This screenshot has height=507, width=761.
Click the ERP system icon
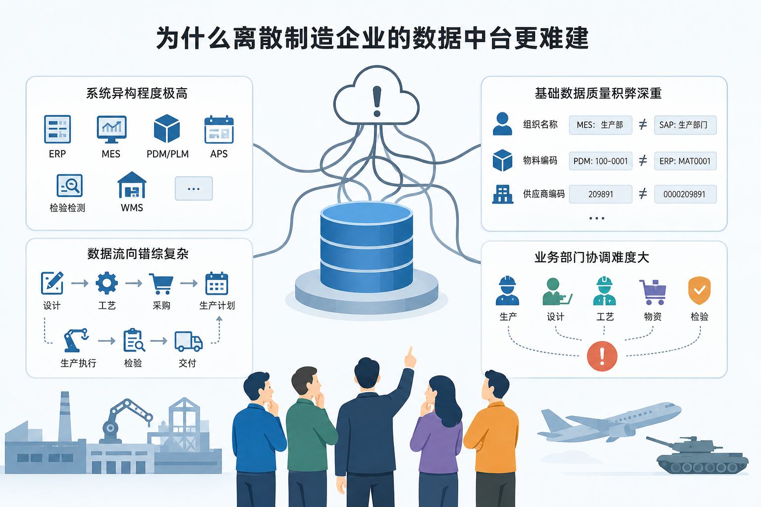pyautogui.click(x=57, y=129)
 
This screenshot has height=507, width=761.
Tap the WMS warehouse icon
pyautogui.click(x=132, y=185)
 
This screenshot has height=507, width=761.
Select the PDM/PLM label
pyautogui.click(x=167, y=154)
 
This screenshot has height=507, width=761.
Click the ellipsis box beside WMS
pyautogui.click(x=194, y=189)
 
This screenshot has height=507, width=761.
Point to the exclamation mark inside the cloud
pyautogui.click(x=377, y=101)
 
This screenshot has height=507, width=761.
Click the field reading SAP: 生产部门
pyautogui.click(x=685, y=125)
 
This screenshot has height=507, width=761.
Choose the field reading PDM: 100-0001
pyautogui.click(x=600, y=161)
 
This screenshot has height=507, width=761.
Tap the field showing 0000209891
pyautogui.click(x=685, y=194)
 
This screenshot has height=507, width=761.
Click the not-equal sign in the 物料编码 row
pyautogui.click(x=643, y=160)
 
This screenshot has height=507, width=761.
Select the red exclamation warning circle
pyautogui.click(x=602, y=356)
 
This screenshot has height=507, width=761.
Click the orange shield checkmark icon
pyautogui.click(x=699, y=290)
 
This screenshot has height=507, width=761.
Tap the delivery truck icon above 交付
pyautogui.click(x=189, y=341)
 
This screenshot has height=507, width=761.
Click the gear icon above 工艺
pyautogui.click(x=107, y=283)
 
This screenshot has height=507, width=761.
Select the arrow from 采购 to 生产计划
pyautogui.click(x=189, y=283)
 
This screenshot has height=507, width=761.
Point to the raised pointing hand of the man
pyautogui.click(x=410, y=358)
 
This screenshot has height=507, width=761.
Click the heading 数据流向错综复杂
pyautogui.click(x=138, y=253)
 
